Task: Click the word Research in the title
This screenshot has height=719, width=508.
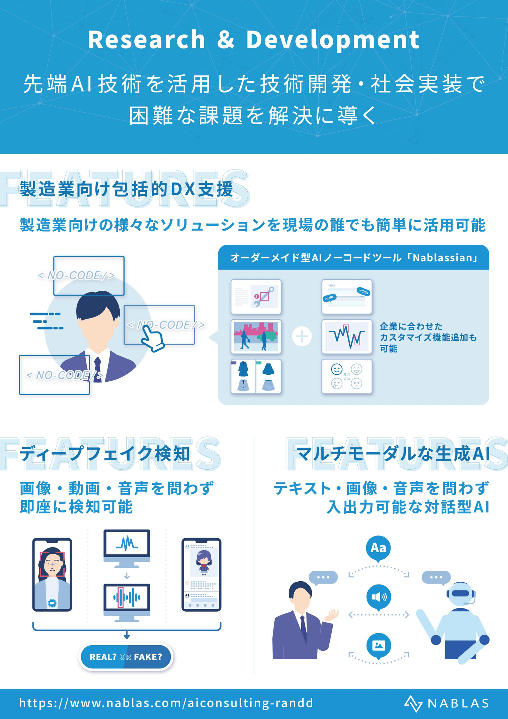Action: point(146,39)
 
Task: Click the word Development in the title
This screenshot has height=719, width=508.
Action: point(333,40)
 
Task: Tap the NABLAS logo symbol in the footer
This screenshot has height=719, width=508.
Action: point(413,703)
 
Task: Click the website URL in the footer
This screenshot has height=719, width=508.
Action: point(166,703)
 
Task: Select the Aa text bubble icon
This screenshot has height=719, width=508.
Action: point(378,548)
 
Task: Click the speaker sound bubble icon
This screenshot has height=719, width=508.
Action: point(379,597)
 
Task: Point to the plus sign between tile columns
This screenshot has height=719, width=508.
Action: point(302,336)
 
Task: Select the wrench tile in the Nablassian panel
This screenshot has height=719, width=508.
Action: point(256,297)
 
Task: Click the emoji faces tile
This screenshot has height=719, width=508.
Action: point(347,376)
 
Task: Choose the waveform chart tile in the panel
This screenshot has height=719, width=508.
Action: point(347,337)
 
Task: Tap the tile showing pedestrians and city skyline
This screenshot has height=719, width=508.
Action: point(256,337)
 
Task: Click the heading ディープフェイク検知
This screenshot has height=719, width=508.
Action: point(105,454)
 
